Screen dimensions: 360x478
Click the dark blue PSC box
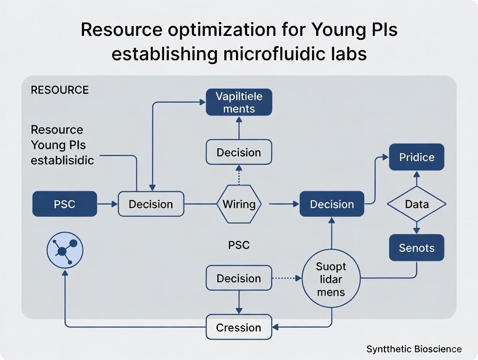[x=65, y=204]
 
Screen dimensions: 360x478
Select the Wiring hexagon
[x=239, y=204]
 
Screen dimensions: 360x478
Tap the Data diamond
[x=417, y=204]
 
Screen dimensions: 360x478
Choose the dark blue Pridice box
[x=417, y=157]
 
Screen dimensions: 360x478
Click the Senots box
[x=417, y=247]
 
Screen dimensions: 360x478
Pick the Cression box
[x=239, y=327]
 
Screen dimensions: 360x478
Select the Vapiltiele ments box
[x=239, y=102]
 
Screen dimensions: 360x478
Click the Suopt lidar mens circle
[x=331, y=279]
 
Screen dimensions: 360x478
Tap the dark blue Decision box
[x=332, y=204]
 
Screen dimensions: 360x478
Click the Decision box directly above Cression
[x=239, y=278]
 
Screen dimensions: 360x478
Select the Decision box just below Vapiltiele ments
[x=239, y=152]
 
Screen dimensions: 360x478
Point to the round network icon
[x=65, y=250]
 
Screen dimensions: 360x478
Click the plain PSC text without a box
[x=239, y=245]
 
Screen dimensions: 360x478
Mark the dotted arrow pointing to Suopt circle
[x=287, y=278]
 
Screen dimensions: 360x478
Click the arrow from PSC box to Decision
[x=107, y=204]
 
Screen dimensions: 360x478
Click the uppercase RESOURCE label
[x=60, y=90]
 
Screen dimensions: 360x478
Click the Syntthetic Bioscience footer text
[x=414, y=349]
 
